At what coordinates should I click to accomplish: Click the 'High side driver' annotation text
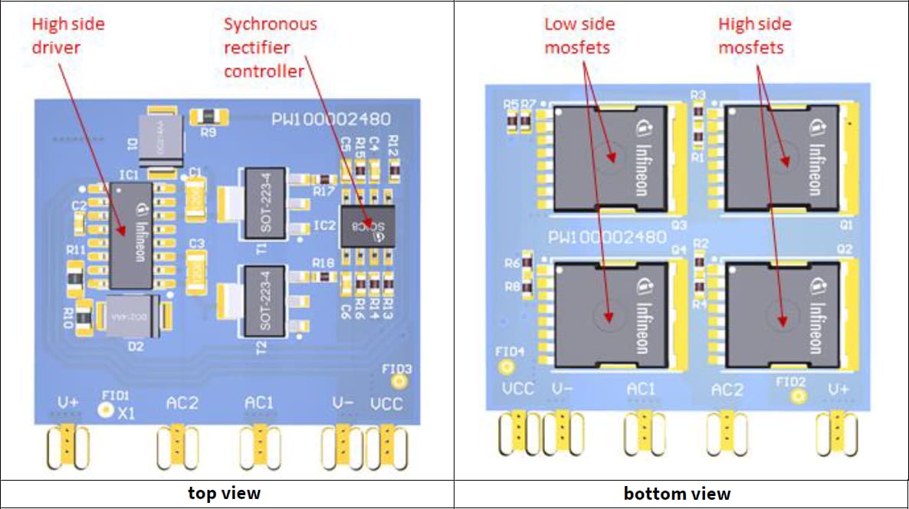click(x=67, y=35)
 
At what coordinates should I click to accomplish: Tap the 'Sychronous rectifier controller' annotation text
click(x=270, y=48)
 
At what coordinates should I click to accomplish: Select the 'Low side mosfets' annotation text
click(x=579, y=35)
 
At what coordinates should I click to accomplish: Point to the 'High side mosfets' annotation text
click(x=754, y=35)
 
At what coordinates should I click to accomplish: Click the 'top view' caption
click(x=224, y=493)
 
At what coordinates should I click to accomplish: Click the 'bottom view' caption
click(x=677, y=494)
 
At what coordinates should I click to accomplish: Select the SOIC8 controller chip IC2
click(x=368, y=226)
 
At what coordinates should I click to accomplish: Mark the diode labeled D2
click(x=135, y=316)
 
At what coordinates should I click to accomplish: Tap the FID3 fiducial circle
click(x=399, y=381)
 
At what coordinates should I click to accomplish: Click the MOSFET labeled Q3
click(x=609, y=158)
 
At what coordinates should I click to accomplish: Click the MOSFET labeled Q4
click(x=609, y=316)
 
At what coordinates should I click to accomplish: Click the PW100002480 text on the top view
click(x=331, y=120)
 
